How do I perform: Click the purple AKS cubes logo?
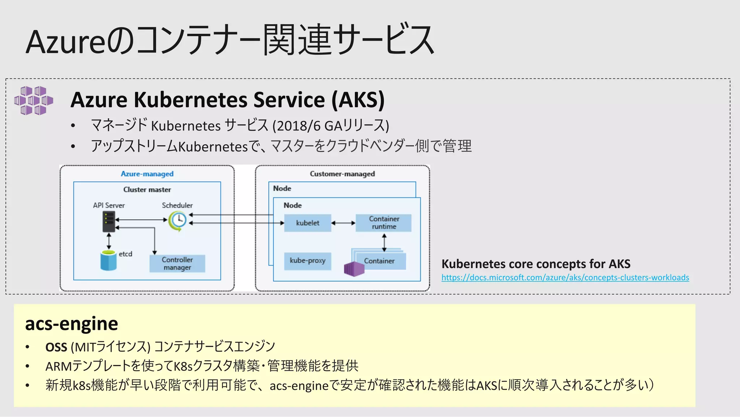tap(34, 101)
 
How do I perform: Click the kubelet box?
tap(307, 223)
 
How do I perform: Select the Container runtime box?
tap(384, 223)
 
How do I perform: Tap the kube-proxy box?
tap(307, 261)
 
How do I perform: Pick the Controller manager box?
tap(177, 264)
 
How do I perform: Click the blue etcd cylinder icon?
tap(108, 261)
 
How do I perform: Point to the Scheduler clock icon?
tap(178, 220)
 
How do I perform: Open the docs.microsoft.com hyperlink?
tap(565, 277)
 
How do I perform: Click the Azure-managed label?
tap(147, 174)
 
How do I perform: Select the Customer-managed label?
tap(342, 174)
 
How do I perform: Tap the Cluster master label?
tap(147, 190)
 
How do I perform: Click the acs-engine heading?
tap(72, 323)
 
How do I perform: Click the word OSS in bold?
tap(56, 347)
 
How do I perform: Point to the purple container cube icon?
tap(354, 269)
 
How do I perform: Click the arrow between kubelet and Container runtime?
tap(343, 223)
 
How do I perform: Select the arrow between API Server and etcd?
tap(109, 241)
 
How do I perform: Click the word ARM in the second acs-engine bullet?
tap(59, 366)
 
